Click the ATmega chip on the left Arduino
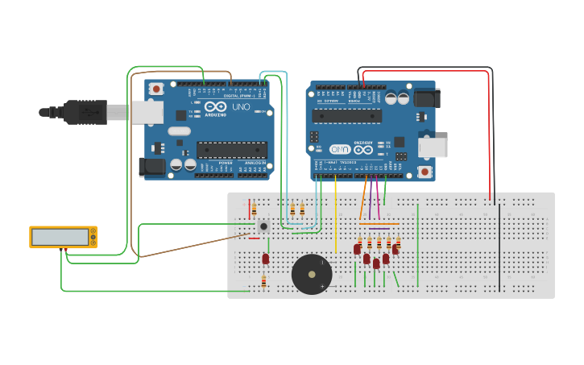pos(232,150)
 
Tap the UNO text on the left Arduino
pos(241,106)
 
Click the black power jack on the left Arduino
pos(151,167)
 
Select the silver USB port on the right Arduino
pos(433,147)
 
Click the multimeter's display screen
pos(60,237)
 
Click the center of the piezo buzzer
pos(312,274)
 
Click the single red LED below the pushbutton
pos(265,259)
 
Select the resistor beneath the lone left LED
pos(263,281)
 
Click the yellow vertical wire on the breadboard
pos(336,218)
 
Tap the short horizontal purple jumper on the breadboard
pos(379,229)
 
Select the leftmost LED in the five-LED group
pos(357,250)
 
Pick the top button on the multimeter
pos(93,232)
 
